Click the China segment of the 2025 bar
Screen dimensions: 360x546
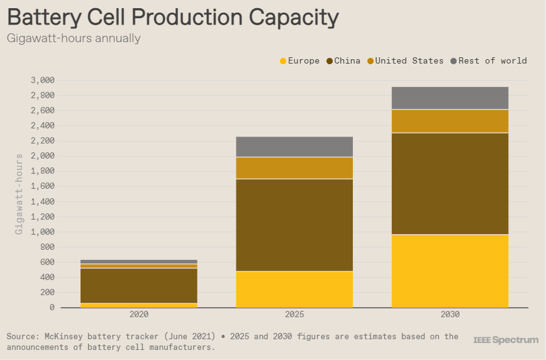(294, 225)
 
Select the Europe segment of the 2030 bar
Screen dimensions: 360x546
(450, 271)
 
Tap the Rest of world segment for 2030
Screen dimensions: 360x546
(450, 98)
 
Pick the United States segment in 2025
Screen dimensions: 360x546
(294, 167)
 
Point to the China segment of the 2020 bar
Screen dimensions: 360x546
(139, 285)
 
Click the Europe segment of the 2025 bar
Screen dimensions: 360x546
(294, 289)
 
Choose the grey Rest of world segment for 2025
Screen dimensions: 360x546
(294, 147)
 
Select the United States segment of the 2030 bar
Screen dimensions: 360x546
(450, 121)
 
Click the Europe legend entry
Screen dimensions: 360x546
(299, 61)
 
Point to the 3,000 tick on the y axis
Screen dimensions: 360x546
(42, 80)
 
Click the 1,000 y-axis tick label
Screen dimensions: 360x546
(42, 232)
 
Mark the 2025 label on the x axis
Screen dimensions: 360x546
(294, 315)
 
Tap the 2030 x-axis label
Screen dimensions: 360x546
(450, 315)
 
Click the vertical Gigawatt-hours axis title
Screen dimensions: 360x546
(19, 194)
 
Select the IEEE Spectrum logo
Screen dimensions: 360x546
(506, 340)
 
